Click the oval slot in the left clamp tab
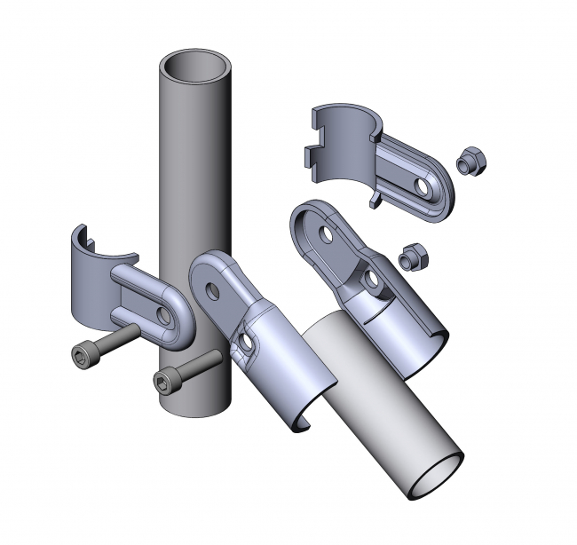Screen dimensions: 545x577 pos(166,314)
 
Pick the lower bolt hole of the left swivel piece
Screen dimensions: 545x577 pos(245,341)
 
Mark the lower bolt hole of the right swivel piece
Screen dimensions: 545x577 pos(373,281)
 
